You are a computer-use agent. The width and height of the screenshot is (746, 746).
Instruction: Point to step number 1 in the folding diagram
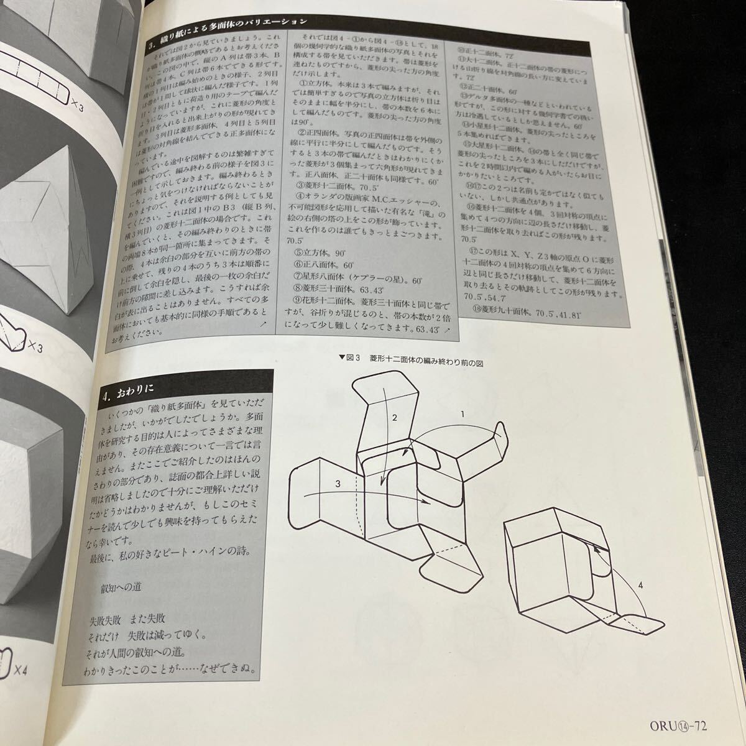[462, 413]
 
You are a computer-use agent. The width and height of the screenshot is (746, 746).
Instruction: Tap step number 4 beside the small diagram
[640, 584]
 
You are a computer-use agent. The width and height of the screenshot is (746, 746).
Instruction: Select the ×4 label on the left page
[20, 670]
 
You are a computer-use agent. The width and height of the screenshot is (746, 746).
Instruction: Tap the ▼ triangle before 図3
[341, 357]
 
